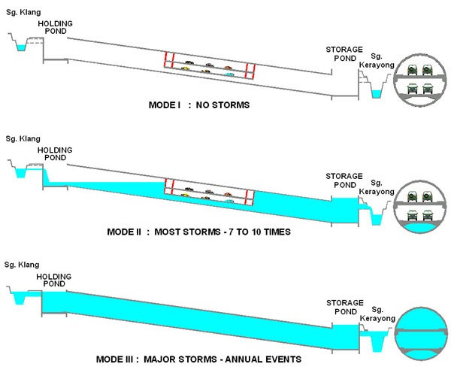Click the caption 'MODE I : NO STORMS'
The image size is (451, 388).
pyautogui.click(x=199, y=105)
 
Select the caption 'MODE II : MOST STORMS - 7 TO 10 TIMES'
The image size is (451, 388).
pyautogui.click(x=198, y=232)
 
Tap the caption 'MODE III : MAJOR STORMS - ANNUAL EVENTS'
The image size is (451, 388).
pyautogui.click(x=198, y=359)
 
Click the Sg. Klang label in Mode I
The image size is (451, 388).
pyautogui.click(x=23, y=14)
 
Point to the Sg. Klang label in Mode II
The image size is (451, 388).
pyautogui.click(x=23, y=140)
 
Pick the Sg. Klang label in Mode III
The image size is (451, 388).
pyautogui.click(x=23, y=265)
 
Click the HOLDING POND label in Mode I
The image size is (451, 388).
pyautogui.click(x=55, y=29)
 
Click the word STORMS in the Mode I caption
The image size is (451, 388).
pyautogui.click(x=232, y=105)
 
